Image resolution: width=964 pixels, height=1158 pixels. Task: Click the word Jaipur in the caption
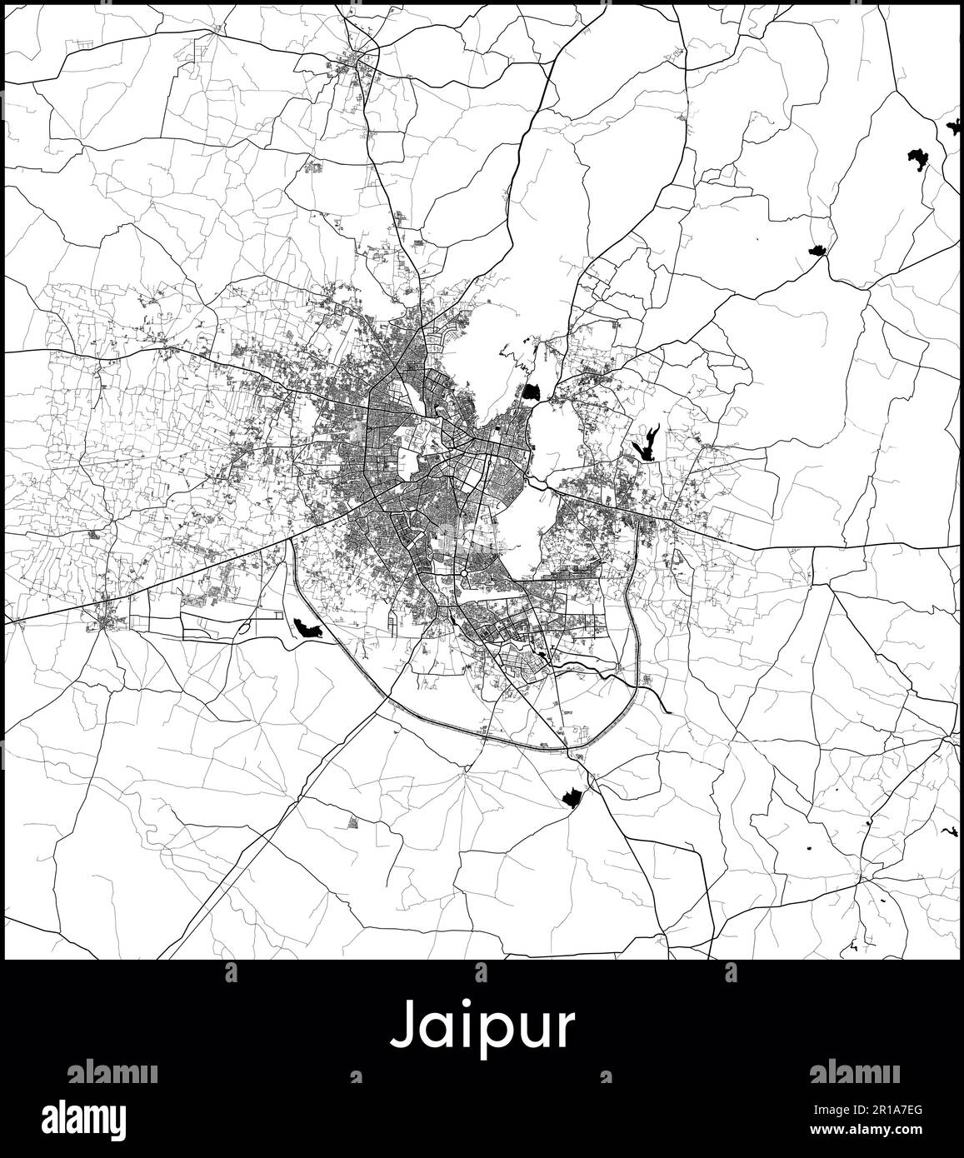pos(482,1026)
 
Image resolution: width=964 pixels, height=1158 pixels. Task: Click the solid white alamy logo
pos(96,1116)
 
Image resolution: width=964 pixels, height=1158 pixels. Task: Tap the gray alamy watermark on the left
pos(112,1071)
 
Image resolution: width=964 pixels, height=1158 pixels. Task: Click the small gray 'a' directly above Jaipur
pos(482,972)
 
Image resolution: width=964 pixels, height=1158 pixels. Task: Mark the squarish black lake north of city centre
pos(532,392)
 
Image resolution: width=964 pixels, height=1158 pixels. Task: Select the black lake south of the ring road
pos(572,798)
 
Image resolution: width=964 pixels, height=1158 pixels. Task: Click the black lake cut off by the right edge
pos(955,127)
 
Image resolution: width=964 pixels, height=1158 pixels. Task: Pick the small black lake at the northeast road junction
pos(817,249)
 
